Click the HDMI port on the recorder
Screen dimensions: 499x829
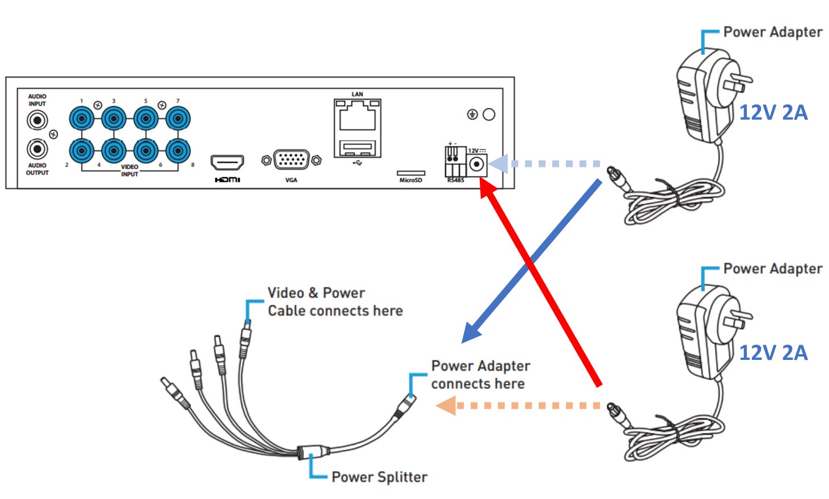(227, 162)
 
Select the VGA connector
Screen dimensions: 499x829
(291, 160)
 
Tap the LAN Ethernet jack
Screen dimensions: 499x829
(357, 118)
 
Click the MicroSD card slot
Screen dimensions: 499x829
(411, 173)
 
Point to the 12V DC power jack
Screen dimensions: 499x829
(477, 165)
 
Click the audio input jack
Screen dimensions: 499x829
(37, 120)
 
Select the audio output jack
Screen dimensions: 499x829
(37, 149)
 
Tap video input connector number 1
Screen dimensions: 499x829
(82, 119)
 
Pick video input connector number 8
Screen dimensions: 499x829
(178, 151)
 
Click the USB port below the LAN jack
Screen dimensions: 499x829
(357, 149)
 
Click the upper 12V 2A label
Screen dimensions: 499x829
(773, 112)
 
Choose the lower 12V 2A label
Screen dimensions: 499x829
(773, 353)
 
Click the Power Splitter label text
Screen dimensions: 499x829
(379, 477)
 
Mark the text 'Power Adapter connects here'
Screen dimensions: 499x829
(480, 375)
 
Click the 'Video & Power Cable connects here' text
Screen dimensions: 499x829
(335, 301)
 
